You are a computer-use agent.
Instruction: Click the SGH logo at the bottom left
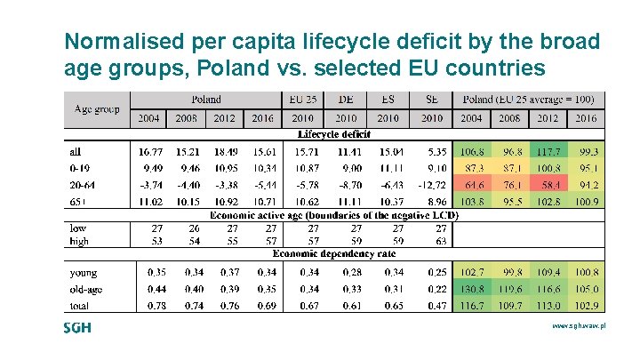point(77,328)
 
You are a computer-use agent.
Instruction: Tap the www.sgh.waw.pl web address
point(579,327)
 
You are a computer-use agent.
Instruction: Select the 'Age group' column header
point(97,108)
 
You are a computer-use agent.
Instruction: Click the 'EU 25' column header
point(304,100)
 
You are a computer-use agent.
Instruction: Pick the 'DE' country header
point(347,100)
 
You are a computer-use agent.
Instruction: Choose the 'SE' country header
point(431,100)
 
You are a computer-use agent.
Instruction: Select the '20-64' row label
point(84,185)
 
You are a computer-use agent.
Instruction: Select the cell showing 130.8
point(472,289)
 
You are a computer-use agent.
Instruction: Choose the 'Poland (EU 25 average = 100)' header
point(528,100)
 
